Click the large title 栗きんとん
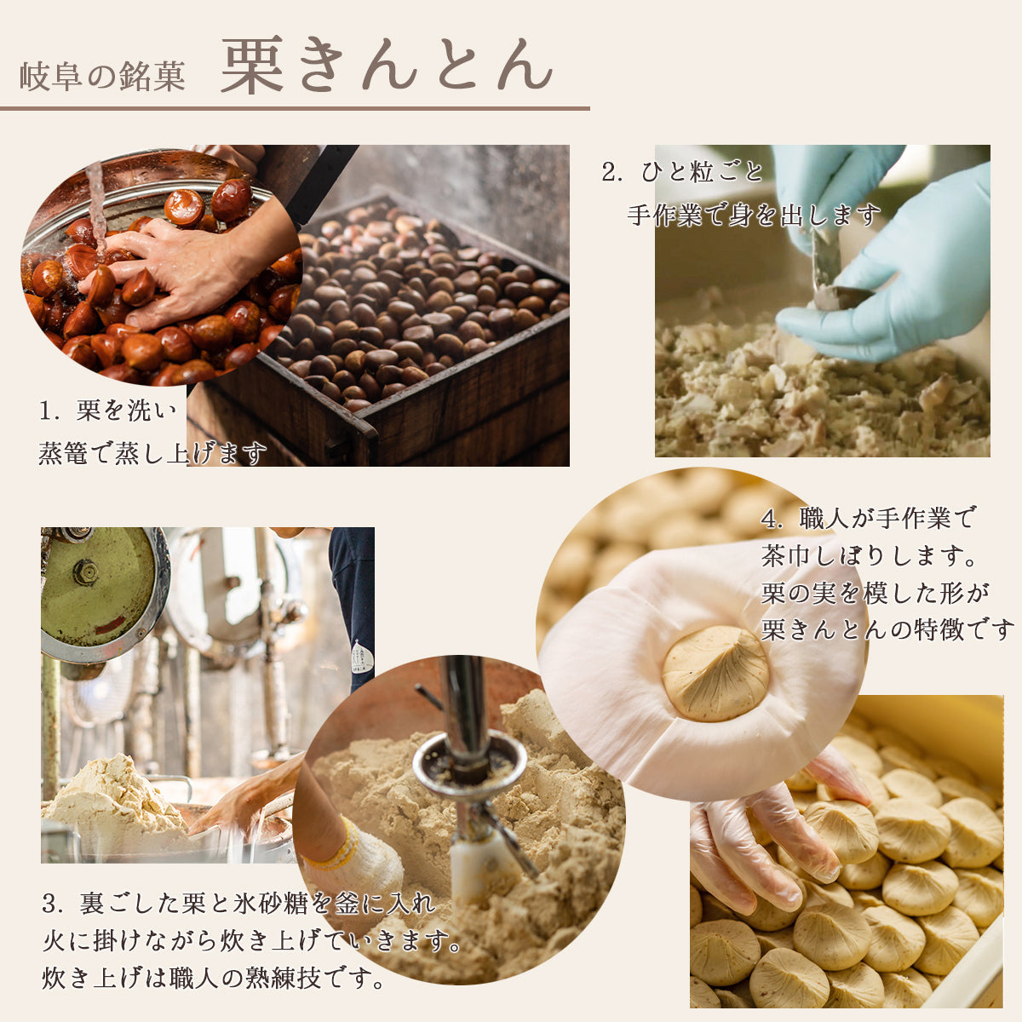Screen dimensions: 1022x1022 (388, 65)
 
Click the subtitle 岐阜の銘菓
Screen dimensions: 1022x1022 (102, 78)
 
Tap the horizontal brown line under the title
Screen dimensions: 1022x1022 (295, 109)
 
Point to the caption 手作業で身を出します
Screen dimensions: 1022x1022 (754, 215)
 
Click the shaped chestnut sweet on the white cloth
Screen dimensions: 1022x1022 (715, 672)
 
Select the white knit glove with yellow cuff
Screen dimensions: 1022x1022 (362, 860)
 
